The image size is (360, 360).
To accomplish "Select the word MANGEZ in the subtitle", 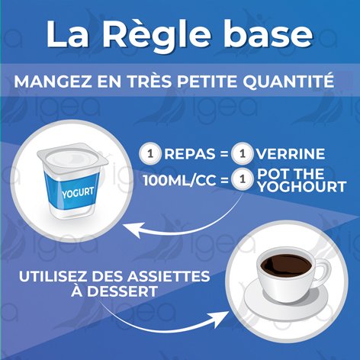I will [x=57, y=81].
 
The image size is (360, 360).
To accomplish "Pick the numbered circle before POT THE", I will [x=242, y=182].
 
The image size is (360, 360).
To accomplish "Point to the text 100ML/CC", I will [x=180, y=182].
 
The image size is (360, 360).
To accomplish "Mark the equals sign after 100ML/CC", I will [x=223, y=182].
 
